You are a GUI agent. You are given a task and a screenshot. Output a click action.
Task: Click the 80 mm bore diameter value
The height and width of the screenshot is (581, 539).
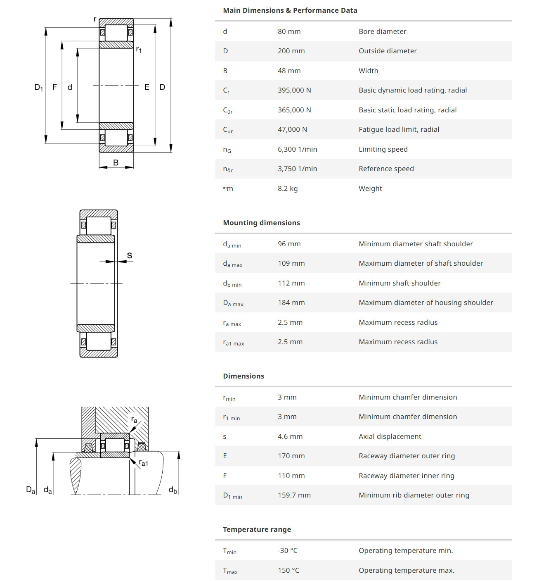(x=289, y=31)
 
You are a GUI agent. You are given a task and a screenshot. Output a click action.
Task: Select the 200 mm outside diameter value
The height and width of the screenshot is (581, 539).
(x=291, y=51)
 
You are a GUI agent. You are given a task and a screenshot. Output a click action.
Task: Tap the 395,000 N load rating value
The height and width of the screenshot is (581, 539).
(x=294, y=90)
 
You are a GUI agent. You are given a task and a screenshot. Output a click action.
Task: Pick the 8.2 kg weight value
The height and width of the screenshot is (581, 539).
(x=288, y=188)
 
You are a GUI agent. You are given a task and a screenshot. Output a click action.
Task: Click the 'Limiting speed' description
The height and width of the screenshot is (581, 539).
(x=383, y=149)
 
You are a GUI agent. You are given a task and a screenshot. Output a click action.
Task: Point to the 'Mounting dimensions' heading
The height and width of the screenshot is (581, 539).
(x=261, y=223)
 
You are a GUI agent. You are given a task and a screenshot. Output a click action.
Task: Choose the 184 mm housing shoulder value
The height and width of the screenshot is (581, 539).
(x=291, y=302)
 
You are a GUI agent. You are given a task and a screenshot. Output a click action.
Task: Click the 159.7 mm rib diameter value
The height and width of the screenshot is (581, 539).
(x=294, y=495)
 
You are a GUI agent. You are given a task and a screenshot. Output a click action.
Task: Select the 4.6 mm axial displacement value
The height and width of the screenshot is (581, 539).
(x=290, y=436)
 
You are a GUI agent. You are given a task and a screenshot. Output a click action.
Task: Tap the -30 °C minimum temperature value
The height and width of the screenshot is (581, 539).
(x=287, y=550)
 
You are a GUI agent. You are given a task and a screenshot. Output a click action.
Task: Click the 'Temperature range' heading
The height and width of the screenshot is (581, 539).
(x=257, y=529)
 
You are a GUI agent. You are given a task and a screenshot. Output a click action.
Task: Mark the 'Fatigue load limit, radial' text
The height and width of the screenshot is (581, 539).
(x=399, y=129)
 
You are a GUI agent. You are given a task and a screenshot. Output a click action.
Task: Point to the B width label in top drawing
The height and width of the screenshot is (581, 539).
(x=116, y=163)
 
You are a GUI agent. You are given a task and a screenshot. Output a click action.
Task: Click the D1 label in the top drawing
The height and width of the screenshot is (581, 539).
(x=38, y=87)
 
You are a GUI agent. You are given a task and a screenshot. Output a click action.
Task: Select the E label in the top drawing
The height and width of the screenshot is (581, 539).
(x=147, y=87)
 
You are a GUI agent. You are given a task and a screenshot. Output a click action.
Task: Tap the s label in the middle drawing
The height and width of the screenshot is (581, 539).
(x=130, y=255)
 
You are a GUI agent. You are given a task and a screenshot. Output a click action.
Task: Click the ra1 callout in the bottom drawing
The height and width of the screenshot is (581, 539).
(x=143, y=463)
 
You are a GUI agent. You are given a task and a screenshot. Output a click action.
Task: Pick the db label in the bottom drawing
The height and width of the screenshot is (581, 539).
(x=173, y=490)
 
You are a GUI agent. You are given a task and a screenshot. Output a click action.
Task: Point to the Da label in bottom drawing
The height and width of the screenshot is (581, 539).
(x=31, y=490)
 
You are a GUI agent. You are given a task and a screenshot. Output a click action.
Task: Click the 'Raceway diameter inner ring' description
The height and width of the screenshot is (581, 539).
(x=406, y=476)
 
